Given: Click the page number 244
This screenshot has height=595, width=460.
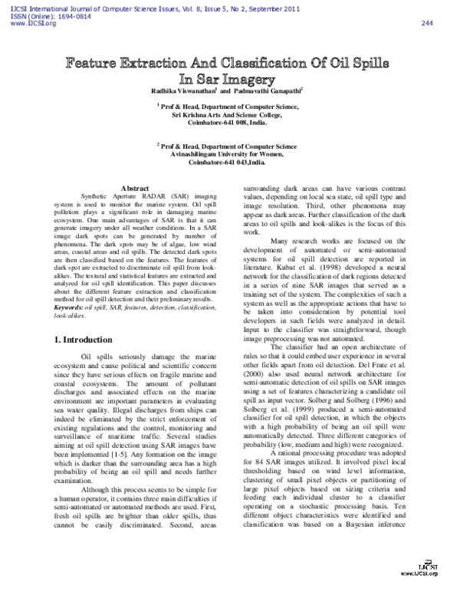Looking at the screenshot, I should tap(427, 23).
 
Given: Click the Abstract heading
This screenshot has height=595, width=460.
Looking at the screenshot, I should tap(135, 188).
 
